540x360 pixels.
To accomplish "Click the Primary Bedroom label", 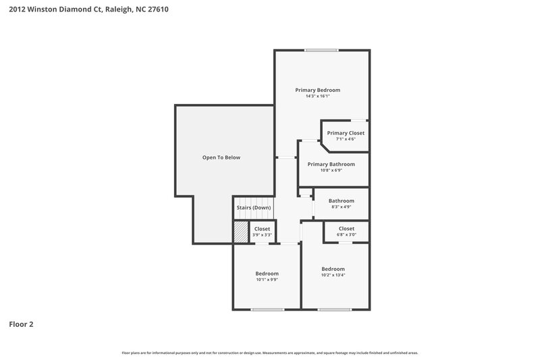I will tap(317, 90).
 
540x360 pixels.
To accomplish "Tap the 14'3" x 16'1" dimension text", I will tap(317, 97).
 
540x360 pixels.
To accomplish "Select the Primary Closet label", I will tap(346, 133).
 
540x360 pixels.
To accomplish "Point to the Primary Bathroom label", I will tap(331, 164).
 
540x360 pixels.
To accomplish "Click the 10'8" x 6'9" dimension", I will tap(331, 170).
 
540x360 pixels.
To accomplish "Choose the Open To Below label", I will tap(221, 157).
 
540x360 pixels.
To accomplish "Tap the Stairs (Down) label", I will tap(253, 207).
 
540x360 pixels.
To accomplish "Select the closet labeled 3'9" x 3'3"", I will tap(262, 231).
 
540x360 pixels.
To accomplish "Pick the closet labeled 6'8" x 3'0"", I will tap(346, 231).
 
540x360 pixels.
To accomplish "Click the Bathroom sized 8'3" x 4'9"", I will tap(342, 203).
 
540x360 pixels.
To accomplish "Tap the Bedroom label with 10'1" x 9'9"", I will tap(267, 276).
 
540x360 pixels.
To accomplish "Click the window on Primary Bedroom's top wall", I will tap(321, 50).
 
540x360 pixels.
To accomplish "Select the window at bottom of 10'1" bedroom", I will tap(267, 309).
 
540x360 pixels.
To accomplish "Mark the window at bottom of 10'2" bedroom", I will tap(335, 309).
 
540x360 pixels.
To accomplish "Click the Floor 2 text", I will tap(21, 324).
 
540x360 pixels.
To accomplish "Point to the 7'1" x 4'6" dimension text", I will tap(346, 139).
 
